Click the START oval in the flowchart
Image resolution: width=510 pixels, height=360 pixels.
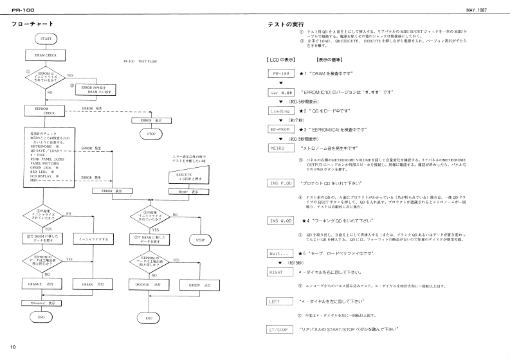click(46, 39)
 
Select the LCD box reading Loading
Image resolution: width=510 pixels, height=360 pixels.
click(279, 111)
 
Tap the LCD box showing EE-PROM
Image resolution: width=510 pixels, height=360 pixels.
click(279, 129)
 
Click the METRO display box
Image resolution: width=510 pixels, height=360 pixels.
click(279, 148)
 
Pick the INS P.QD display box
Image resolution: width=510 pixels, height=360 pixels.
click(279, 183)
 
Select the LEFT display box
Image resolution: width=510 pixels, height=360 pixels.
click(279, 301)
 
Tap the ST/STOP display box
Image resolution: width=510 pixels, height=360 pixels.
click(279, 329)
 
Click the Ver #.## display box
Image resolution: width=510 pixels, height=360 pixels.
click(279, 92)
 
